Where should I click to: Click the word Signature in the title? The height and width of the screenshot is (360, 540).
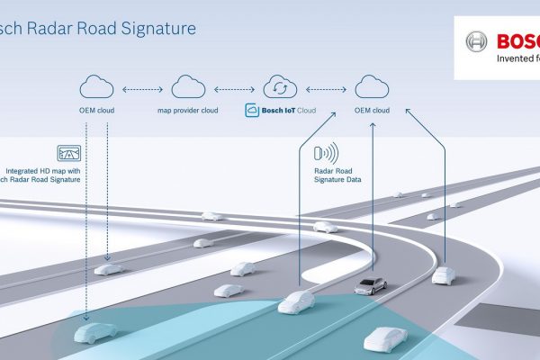point(156,28)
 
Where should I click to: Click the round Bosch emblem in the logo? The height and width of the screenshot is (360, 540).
point(476,41)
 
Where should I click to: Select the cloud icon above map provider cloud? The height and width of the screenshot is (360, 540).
point(188,87)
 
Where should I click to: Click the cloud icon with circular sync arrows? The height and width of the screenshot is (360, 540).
point(279,87)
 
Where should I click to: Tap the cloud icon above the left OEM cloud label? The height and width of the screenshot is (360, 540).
point(96,87)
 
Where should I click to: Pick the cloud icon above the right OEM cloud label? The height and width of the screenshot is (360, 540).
point(371,87)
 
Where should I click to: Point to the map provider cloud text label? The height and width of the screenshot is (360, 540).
point(188,110)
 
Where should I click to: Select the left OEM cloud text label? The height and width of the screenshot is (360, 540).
point(96,110)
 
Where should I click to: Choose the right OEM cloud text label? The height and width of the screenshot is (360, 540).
point(371,110)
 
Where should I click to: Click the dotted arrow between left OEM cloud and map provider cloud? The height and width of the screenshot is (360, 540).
point(142,88)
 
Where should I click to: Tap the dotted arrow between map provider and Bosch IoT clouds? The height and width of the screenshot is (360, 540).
point(233,88)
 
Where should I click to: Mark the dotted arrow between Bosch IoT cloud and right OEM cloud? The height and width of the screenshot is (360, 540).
point(325,88)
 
